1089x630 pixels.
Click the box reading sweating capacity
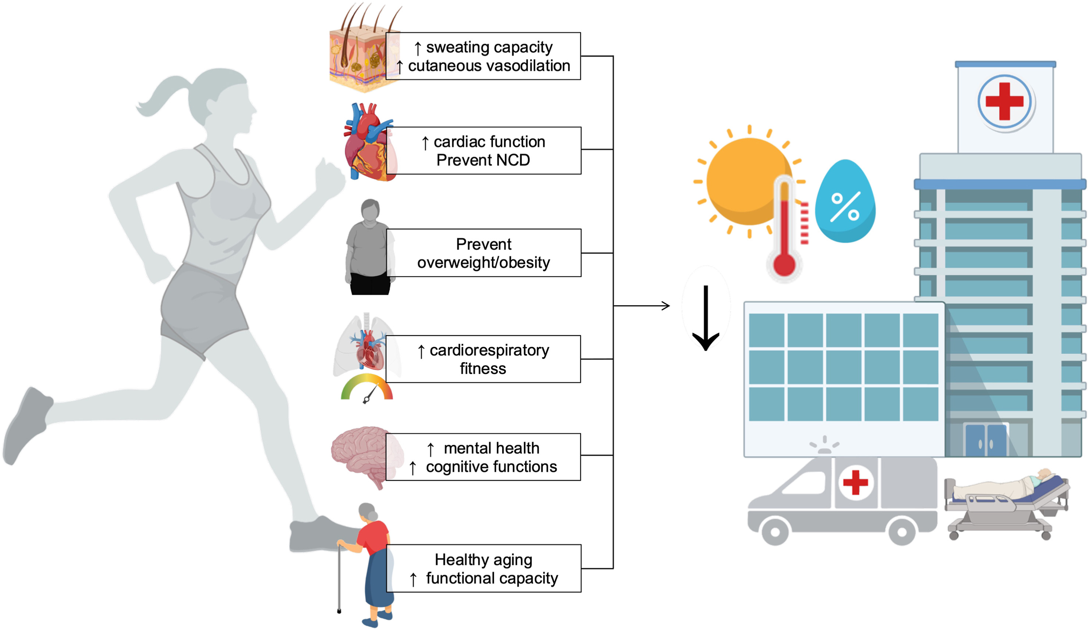pos(483,56)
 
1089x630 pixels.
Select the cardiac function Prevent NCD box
pos(483,150)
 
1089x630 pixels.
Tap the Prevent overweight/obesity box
pos(483,253)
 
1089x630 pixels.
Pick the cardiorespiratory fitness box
pos(483,359)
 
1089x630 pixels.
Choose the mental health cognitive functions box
pos(483,457)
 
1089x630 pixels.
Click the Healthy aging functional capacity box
pos(483,568)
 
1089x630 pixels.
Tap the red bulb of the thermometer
pos(784,264)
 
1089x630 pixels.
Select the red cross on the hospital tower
pos(1005,101)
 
